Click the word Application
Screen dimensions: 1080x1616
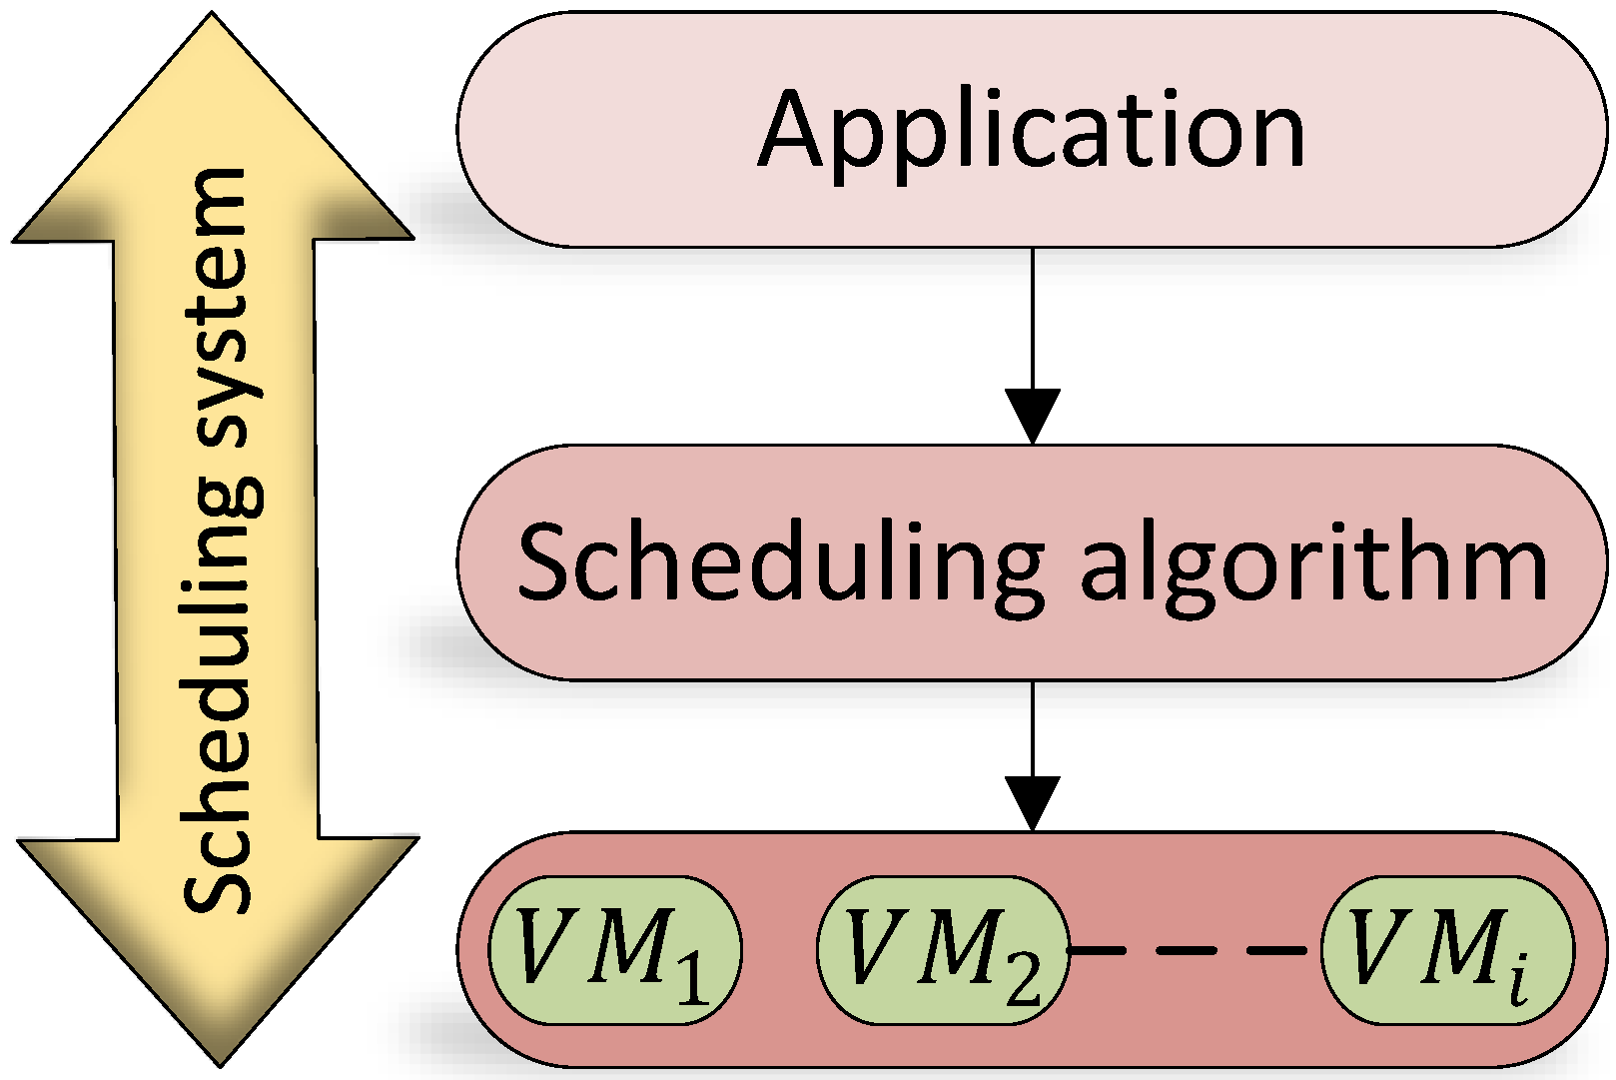tap(1032, 131)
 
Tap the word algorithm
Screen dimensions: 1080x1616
tap(1313, 564)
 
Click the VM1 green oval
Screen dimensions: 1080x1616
tap(615, 950)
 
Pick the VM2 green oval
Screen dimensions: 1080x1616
tap(943, 950)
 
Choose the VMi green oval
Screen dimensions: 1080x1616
tap(1447, 950)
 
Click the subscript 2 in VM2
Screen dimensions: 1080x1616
tap(1022, 976)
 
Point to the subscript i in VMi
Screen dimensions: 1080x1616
tap(1518, 979)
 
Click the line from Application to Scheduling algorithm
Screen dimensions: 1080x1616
tap(1032, 320)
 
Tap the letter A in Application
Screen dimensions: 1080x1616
tap(796, 130)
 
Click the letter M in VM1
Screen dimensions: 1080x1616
tap(627, 945)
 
